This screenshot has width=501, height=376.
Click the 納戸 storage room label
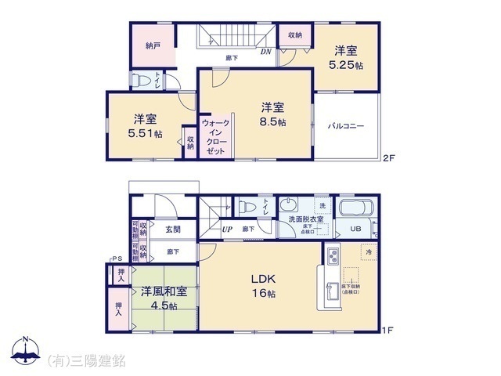(153, 45)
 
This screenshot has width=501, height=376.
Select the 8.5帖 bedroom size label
(273, 122)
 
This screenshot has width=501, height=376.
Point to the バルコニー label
(346, 125)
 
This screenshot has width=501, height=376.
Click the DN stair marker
(265, 53)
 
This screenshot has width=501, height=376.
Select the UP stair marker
(227, 230)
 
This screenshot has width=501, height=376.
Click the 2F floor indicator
(389, 158)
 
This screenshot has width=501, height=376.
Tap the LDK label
(263, 280)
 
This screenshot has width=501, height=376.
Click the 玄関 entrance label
(173, 230)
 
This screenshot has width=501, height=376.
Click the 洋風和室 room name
(164, 291)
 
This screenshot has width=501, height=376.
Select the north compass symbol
(24, 352)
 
